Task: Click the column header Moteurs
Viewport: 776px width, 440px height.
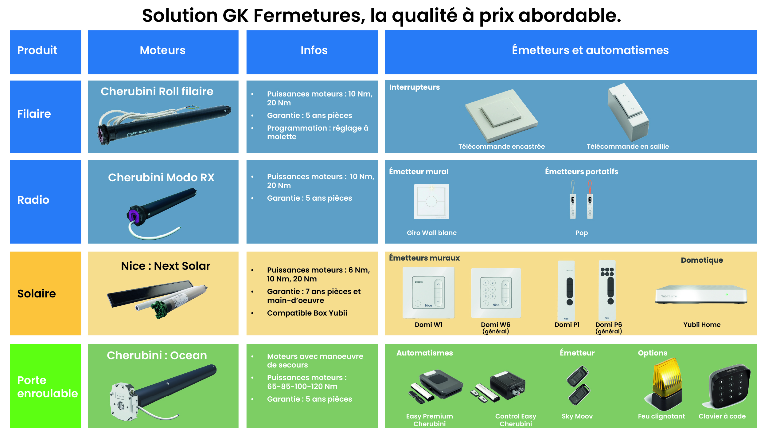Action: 162,50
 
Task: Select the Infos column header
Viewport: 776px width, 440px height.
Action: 314,50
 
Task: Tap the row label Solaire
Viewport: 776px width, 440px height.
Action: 37,293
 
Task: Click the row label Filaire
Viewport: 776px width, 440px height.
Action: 34,114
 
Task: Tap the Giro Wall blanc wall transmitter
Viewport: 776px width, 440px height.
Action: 431,201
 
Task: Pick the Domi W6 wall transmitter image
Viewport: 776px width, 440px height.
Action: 496,293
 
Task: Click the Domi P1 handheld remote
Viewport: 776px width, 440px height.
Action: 566,291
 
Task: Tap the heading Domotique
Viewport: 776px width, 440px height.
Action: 702,260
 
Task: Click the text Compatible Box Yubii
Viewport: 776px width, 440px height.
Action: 307,313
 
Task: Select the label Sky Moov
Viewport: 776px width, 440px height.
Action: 577,416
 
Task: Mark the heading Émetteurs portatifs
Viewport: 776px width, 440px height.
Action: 582,171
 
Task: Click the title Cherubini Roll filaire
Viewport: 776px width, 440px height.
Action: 157,91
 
